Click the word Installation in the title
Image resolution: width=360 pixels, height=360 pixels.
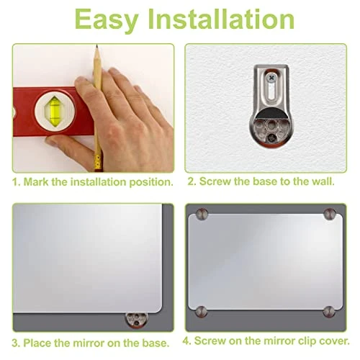click(x=221, y=19)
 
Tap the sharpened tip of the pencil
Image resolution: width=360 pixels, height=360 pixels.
click(x=96, y=45)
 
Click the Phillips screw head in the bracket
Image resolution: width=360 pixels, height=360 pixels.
click(x=271, y=78)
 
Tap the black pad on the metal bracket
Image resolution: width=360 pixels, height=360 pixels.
click(x=271, y=114)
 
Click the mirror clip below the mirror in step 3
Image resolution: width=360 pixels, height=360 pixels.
click(x=136, y=320)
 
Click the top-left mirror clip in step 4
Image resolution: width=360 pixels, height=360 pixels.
click(x=202, y=214)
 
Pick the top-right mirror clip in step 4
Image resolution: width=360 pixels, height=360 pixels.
click(x=330, y=214)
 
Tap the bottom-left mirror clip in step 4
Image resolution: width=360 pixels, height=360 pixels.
click(x=201, y=312)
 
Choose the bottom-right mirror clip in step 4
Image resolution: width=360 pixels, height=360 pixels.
click(x=329, y=312)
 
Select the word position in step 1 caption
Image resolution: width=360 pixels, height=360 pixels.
click(x=151, y=183)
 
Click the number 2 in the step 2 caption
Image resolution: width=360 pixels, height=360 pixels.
click(x=191, y=181)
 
